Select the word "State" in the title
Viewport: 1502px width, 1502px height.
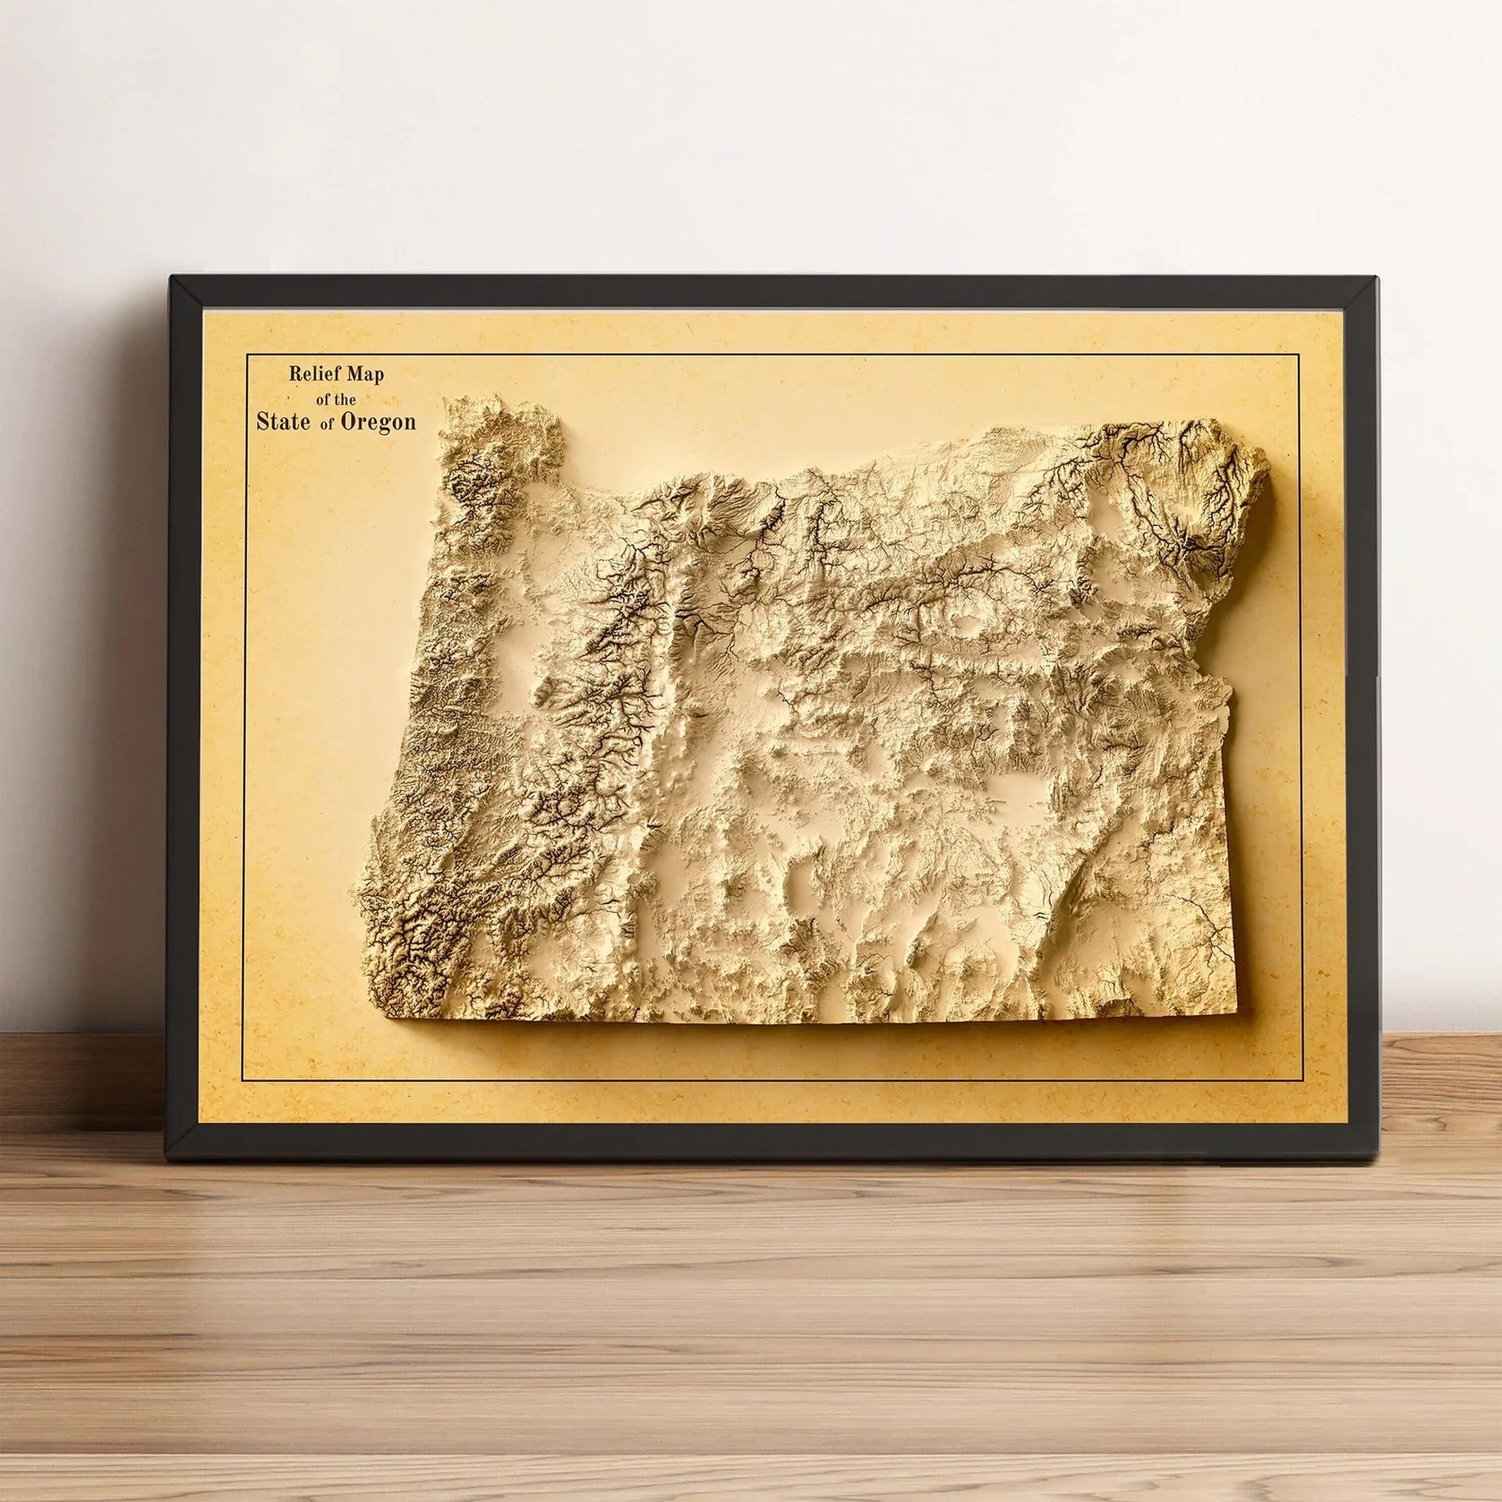coord(284,422)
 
